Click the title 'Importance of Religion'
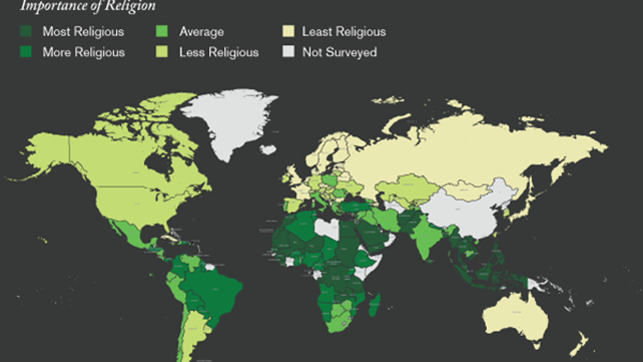(88, 7)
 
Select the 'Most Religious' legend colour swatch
(26, 32)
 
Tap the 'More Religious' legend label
(84, 52)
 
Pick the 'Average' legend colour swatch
(162, 32)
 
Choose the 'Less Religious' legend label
(219, 52)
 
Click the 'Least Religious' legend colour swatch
(288, 32)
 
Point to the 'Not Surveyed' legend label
(339, 52)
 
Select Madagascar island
(374, 304)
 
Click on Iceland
(268, 150)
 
